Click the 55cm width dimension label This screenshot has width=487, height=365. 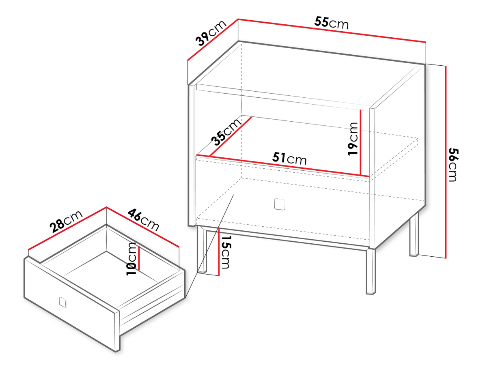tap(331, 23)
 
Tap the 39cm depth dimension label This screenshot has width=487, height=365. tap(211, 33)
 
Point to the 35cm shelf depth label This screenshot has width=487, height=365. tap(226, 132)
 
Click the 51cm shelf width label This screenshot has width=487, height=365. tap(289, 159)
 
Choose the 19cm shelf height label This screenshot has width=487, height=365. tap(353, 139)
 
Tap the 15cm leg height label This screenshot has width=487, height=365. tap(226, 252)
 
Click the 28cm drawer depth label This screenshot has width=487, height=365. tap(66, 221)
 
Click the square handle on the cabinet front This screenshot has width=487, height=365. tap(280, 204)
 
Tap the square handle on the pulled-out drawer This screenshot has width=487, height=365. tap(63, 302)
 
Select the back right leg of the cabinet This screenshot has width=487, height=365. tap(414, 234)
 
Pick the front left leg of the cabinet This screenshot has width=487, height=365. tap(202, 250)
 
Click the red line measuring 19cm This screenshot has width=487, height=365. tap(361, 142)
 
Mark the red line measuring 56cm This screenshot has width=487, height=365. tap(446, 162)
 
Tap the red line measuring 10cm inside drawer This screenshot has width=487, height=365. tap(139, 258)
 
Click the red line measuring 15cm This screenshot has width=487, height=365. tap(219, 252)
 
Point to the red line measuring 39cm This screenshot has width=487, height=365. tap(213, 40)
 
